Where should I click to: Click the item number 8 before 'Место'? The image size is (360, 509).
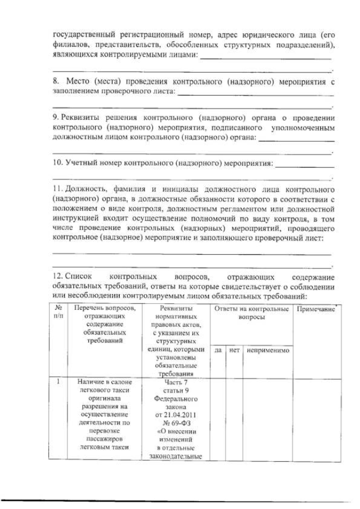point(55,82)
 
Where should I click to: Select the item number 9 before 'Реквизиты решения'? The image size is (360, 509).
point(55,118)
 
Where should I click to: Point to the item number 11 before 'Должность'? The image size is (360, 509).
point(57,190)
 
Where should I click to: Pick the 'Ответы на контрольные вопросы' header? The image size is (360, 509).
point(250,313)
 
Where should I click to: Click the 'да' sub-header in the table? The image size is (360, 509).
point(218,349)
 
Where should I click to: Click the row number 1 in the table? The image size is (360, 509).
point(58,382)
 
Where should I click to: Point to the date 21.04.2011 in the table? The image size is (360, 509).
point(174,415)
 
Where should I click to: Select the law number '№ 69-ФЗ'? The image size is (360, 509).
point(174,424)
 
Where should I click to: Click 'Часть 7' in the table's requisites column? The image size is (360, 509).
point(174,382)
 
